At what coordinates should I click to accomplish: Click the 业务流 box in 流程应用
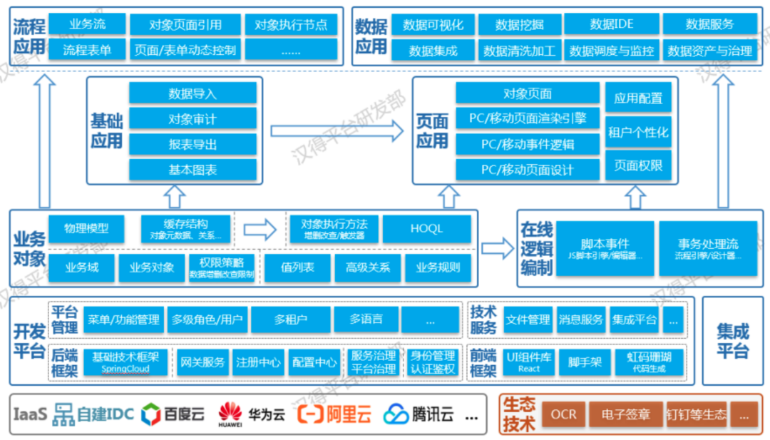click(88, 24)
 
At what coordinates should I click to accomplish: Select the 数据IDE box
click(611, 24)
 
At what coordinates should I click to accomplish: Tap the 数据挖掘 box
click(520, 24)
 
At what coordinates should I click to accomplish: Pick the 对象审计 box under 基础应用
click(192, 118)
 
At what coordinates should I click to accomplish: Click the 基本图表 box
click(192, 170)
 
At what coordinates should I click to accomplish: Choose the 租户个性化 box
click(638, 132)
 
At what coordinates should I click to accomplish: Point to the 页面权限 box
click(638, 165)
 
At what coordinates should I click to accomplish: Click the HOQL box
click(426, 229)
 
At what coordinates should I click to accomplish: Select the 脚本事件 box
click(605, 248)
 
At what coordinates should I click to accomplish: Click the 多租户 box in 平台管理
click(291, 319)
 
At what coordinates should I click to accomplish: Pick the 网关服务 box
click(202, 362)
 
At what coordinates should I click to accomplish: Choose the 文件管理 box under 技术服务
click(528, 319)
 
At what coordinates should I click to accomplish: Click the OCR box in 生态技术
click(563, 414)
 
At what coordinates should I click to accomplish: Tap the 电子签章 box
click(625, 414)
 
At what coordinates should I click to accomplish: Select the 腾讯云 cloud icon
click(396, 414)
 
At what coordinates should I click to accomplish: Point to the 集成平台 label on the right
click(732, 341)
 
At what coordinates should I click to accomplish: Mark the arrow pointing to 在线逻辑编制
click(497, 248)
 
